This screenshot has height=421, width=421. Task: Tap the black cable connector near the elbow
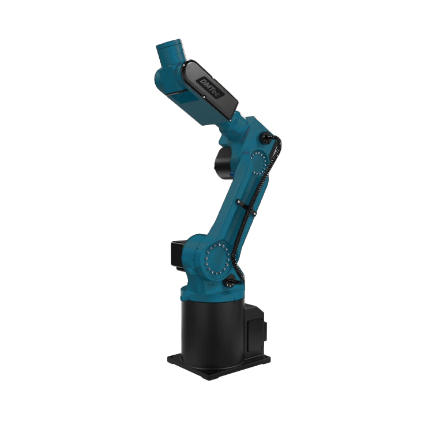(267, 137)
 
